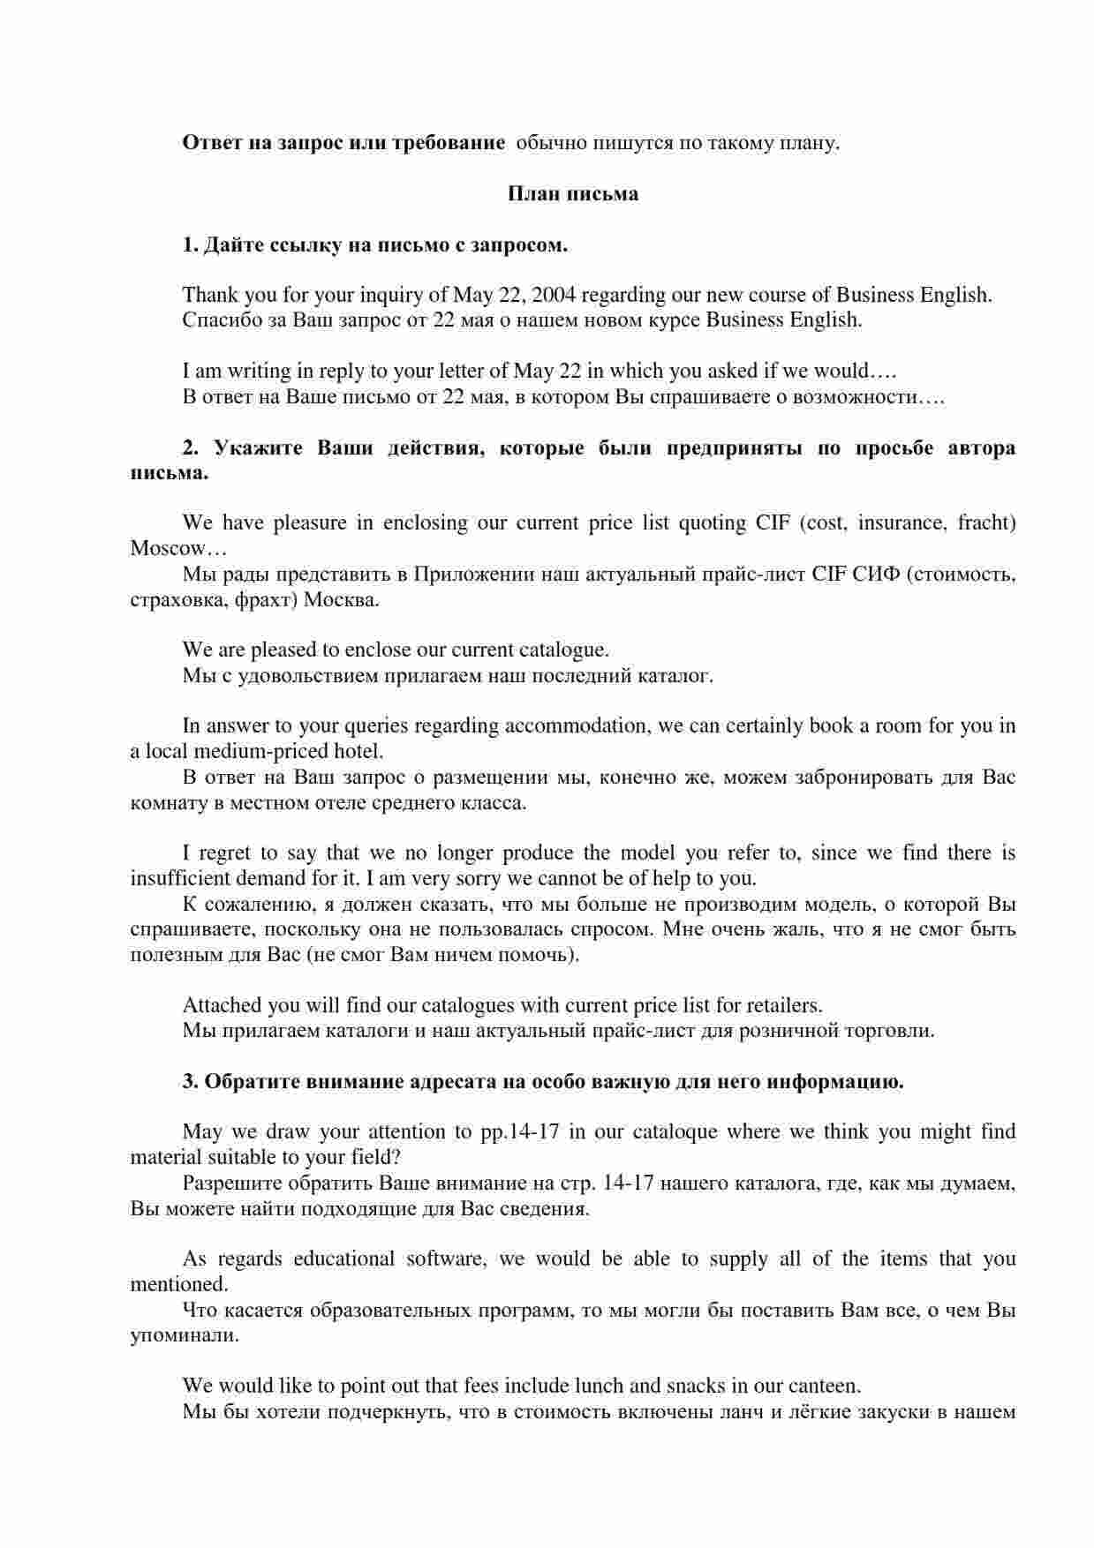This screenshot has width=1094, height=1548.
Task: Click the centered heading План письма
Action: [572, 193]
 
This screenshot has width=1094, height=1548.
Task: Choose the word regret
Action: [226, 853]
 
